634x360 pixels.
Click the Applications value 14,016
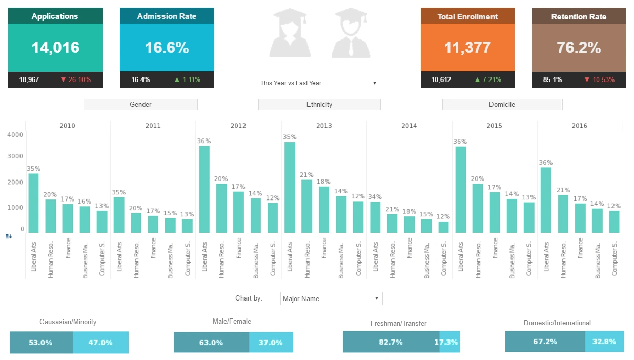[x=55, y=48]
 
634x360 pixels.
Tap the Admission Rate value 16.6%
[x=167, y=48]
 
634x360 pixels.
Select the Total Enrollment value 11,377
[x=467, y=48]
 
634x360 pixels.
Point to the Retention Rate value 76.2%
[x=579, y=48]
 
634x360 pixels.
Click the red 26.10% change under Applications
[x=75, y=80]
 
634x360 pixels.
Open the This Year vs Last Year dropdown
[x=319, y=83]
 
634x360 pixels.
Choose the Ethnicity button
[x=319, y=105]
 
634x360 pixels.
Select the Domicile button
[x=502, y=105]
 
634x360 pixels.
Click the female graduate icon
[x=290, y=33]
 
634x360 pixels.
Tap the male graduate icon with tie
[x=351, y=33]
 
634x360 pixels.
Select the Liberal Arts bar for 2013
[x=290, y=187]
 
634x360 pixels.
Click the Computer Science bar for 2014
[x=444, y=227]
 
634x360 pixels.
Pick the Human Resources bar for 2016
[x=563, y=213]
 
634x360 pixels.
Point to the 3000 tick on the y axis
[x=15, y=156]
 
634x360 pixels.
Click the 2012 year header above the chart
[x=238, y=126]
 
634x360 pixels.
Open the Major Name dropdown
[x=332, y=298]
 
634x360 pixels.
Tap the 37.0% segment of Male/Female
[x=271, y=343]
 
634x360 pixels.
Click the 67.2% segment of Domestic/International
[x=545, y=342]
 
